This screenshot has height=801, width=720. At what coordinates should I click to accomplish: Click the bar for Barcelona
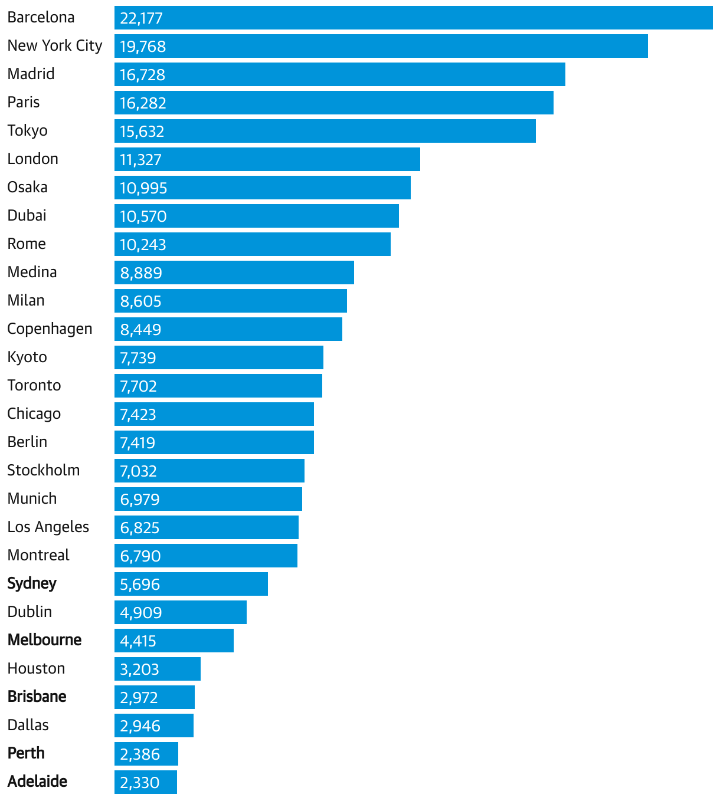[413, 18]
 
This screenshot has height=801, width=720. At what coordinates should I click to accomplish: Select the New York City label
[55, 46]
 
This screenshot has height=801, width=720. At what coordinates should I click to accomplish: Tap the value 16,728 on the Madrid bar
[142, 75]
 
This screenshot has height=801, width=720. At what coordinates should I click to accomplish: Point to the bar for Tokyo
[325, 131]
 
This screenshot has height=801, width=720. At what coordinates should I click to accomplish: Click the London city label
[33, 159]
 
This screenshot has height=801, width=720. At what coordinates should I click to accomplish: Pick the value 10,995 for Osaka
[143, 188]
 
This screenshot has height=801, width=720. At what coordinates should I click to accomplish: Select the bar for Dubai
[257, 216]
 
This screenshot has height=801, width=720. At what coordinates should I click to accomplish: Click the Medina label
[32, 273]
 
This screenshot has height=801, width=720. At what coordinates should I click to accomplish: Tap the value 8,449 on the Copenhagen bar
[140, 330]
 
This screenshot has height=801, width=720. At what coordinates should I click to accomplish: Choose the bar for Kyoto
[219, 357]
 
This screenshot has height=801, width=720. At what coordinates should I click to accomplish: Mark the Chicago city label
[34, 414]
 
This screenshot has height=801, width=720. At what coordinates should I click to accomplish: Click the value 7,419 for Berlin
[138, 443]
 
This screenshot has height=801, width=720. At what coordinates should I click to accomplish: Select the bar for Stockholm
[210, 471]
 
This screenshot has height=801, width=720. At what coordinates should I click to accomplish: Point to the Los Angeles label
[48, 527]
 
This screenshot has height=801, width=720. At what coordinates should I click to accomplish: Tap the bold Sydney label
[32, 584]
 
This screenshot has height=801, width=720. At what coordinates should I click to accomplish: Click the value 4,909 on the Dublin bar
[140, 613]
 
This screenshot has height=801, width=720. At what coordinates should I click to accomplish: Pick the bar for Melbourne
[174, 641]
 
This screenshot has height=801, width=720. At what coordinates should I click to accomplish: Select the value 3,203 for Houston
[139, 669]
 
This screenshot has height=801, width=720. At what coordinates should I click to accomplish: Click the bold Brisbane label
[37, 697]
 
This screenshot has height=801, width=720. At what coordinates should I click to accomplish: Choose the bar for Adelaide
[146, 782]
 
